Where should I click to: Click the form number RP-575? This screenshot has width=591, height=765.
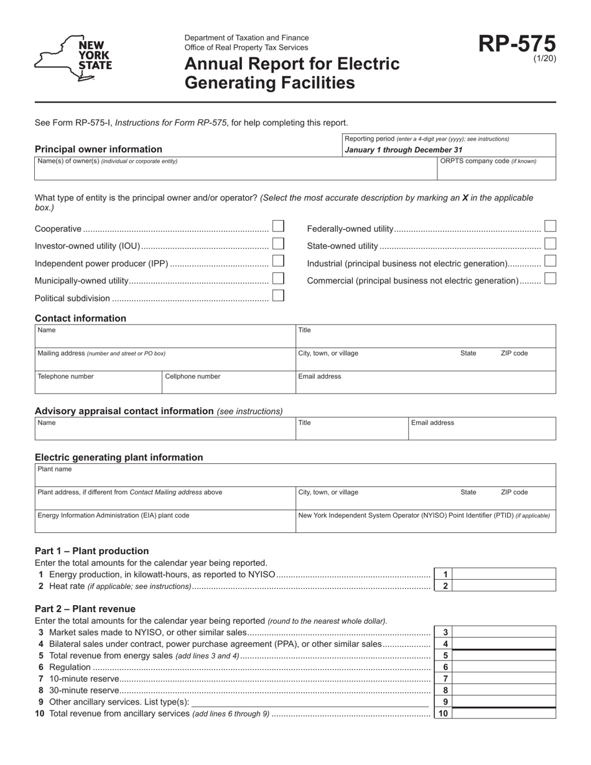pyautogui.click(x=516, y=44)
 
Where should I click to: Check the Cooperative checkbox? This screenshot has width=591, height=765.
pyautogui.click(x=278, y=226)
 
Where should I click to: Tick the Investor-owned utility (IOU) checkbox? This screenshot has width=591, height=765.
pyautogui.click(x=278, y=243)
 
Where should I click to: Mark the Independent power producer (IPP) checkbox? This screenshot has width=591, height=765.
pyautogui.click(x=278, y=261)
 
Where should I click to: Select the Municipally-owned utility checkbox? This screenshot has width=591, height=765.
pyautogui.click(x=278, y=278)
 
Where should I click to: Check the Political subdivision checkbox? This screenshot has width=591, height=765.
pyautogui.click(x=278, y=295)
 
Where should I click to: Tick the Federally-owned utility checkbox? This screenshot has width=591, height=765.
pyautogui.click(x=550, y=226)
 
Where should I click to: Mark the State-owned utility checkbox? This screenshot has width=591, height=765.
pyautogui.click(x=550, y=243)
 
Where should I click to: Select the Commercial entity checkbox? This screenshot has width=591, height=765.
pyautogui.click(x=550, y=278)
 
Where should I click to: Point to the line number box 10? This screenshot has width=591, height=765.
pyautogui.click(x=443, y=713)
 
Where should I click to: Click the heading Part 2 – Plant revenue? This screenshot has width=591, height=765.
pyautogui.click(x=85, y=609)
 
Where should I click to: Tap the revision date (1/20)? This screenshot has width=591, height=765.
pyautogui.click(x=544, y=59)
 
